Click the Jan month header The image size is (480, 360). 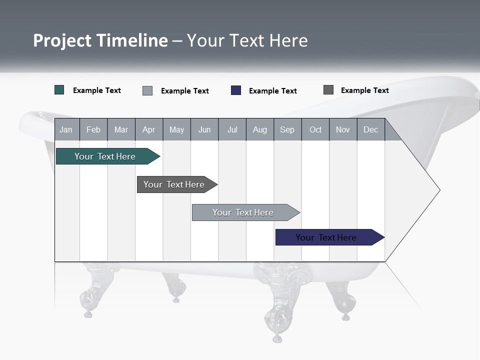[x=66, y=130]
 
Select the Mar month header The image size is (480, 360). [x=121, y=130]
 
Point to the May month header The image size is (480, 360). [x=176, y=130]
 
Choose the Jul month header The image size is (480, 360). [x=232, y=130]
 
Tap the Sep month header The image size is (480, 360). [x=287, y=130]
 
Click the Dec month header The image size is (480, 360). [x=370, y=130]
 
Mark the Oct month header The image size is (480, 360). [x=315, y=130]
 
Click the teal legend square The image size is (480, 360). [x=59, y=90]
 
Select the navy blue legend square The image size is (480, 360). [x=236, y=90]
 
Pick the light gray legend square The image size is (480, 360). [x=147, y=90]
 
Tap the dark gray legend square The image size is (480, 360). [x=328, y=90]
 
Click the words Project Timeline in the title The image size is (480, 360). [x=100, y=40]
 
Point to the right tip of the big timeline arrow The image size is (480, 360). [x=438, y=190]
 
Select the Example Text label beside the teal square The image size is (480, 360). [x=97, y=90]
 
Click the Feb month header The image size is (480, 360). [x=93, y=130]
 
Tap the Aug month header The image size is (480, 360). [x=259, y=130]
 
